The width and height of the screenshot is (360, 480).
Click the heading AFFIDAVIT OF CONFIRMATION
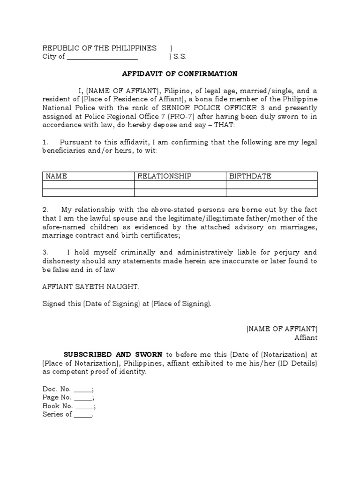pyautogui.click(x=180, y=74)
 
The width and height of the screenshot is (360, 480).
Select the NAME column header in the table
pyautogui.click(x=56, y=176)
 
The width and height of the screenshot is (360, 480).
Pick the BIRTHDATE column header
pyautogui.click(x=250, y=176)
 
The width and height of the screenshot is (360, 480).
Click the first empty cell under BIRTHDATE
pyautogui.click(x=271, y=185)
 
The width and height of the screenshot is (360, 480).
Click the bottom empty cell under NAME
pyautogui.click(x=88, y=192)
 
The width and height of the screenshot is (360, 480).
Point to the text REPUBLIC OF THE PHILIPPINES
pyautogui.click(x=99, y=48)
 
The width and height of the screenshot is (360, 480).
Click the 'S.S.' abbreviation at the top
pyautogui.click(x=180, y=57)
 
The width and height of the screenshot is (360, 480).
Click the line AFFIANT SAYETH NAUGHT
pyautogui.click(x=90, y=286)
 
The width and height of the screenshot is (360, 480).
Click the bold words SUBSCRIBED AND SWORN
pyautogui.click(x=113, y=354)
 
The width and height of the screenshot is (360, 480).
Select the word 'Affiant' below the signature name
pyautogui.click(x=306, y=337)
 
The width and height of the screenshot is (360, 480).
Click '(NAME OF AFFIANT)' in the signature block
pyautogui.click(x=282, y=329)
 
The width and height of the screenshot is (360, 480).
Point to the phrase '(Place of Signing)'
pyautogui.click(x=181, y=304)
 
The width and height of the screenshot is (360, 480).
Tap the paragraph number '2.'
pyautogui.click(x=45, y=209)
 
